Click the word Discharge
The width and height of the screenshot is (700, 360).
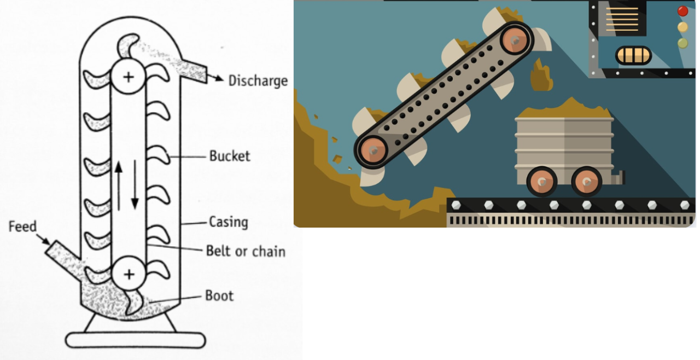(258, 80)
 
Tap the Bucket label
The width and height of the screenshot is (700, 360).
(229, 156)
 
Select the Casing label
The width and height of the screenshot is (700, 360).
(228, 222)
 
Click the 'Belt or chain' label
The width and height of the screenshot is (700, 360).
(246, 251)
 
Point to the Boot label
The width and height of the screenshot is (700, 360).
(219, 296)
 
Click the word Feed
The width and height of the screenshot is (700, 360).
(22, 227)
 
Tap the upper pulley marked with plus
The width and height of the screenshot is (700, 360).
(128, 77)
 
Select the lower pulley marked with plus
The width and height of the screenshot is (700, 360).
(129, 274)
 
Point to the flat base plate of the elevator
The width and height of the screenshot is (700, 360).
(135, 340)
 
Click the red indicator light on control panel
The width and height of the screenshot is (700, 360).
(683, 11)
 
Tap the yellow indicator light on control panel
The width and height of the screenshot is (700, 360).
(683, 27)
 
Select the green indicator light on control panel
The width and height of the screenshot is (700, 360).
(683, 43)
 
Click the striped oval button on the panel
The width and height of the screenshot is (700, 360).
(633, 55)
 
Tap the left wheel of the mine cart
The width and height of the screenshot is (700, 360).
(542, 182)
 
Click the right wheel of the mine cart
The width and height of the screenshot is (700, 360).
(586, 182)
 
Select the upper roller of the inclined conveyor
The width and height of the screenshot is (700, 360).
(515, 39)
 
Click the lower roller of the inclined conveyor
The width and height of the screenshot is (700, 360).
(372, 149)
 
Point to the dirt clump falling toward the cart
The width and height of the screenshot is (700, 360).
(541, 77)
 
